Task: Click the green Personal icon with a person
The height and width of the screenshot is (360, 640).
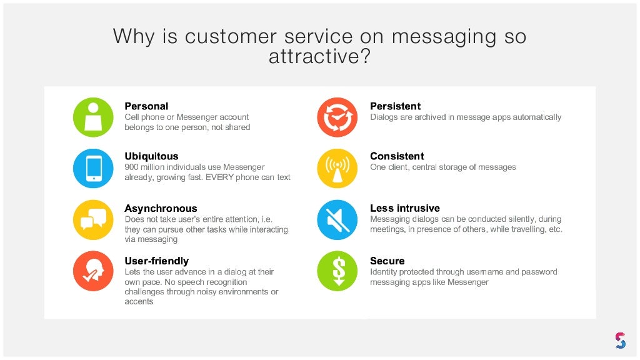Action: (93, 117)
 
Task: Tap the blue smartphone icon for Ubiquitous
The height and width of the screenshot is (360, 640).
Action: (93, 168)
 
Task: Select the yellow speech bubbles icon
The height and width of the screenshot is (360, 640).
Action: (93, 219)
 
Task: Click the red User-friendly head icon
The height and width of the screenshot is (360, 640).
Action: (93, 271)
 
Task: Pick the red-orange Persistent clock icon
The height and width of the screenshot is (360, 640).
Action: (337, 117)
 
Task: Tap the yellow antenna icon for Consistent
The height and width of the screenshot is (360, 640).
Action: (337, 168)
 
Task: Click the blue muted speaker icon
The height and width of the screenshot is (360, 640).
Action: (337, 219)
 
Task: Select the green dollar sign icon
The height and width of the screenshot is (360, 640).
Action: (337, 271)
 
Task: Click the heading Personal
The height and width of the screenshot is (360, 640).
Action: (146, 106)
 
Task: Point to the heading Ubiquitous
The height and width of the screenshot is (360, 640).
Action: (151, 156)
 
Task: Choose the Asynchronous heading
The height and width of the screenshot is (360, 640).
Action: (161, 209)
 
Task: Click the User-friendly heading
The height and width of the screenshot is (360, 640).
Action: (156, 261)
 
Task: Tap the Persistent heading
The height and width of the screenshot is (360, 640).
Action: (395, 106)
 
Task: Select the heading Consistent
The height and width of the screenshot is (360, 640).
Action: (397, 156)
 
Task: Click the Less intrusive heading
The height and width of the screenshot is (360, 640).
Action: (404, 209)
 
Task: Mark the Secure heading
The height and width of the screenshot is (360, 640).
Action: (387, 261)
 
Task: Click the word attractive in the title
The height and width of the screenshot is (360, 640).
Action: (319, 57)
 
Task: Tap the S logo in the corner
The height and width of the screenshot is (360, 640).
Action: (619, 341)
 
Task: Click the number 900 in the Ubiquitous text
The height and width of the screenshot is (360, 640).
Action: (131, 167)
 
